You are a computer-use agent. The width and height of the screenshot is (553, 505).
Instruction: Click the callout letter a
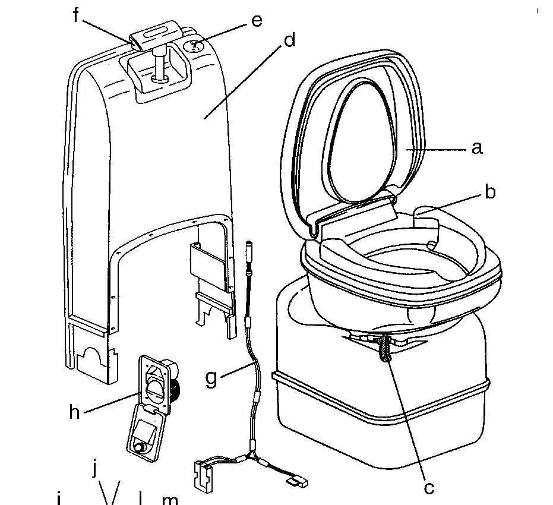pyautogui.click(x=476, y=148)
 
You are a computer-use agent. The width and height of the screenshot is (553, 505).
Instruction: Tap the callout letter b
pyautogui.click(x=489, y=192)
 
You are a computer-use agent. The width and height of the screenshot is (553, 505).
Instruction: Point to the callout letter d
pyautogui.click(x=289, y=41)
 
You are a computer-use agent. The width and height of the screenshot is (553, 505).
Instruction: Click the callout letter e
pyautogui.click(x=256, y=20)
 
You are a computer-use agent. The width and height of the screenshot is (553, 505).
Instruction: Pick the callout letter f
pyautogui.click(x=75, y=15)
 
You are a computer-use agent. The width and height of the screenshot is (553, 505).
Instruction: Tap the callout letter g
pyautogui.click(x=211, y=378)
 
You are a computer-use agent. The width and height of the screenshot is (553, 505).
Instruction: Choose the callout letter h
pyautogui.click(x=74, y=412)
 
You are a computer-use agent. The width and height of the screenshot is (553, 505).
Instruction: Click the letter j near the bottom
pyautogui.click(x=94, y=469)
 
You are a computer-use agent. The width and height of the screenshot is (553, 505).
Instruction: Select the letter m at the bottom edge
pyautogui.click(x=170, y=499)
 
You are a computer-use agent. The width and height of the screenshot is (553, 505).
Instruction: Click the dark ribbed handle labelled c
pyautogui.click(x=385, y=349)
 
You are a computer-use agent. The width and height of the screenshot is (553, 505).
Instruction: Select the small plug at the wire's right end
pyautogui.click(x=297, y=482)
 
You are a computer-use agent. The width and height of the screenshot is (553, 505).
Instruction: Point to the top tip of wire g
pyautogui.click(x=250, y=244)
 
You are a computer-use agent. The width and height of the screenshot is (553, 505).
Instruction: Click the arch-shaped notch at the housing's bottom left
pyautogui.click(x=90, y=356)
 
